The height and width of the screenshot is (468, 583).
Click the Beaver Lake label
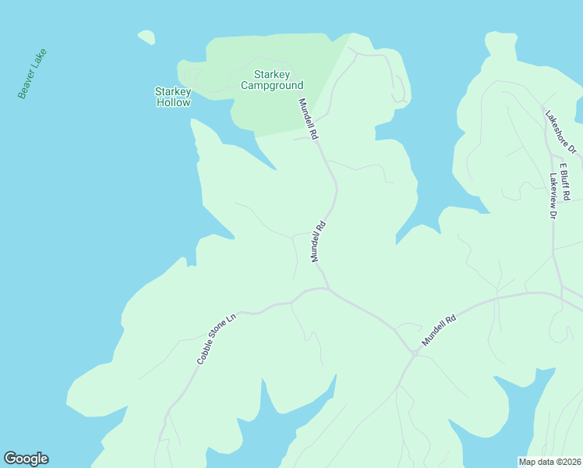click(x=33, y=74)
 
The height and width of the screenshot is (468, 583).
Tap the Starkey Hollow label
click(x=173, y=97)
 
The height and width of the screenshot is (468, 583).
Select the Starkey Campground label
click(x=271, y=80)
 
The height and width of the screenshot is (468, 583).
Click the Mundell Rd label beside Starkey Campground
click(x=307, y=119)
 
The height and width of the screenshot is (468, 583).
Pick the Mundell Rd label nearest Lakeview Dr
click(x=438, y=331)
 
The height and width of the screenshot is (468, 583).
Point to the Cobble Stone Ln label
click(x=216, y=339)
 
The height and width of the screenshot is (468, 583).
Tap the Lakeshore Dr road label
click(x=560, y=130)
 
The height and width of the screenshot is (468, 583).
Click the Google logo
click(x=26, y=459)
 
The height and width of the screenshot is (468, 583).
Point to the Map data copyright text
click(x=550, y=461)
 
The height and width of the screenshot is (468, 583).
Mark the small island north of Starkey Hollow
click(x=146, y=37)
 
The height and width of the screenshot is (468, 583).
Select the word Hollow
click(x=173, y=102)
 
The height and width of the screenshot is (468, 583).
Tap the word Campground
click(x=271, y=85)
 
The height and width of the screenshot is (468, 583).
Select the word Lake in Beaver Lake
click(x=41, y=58)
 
